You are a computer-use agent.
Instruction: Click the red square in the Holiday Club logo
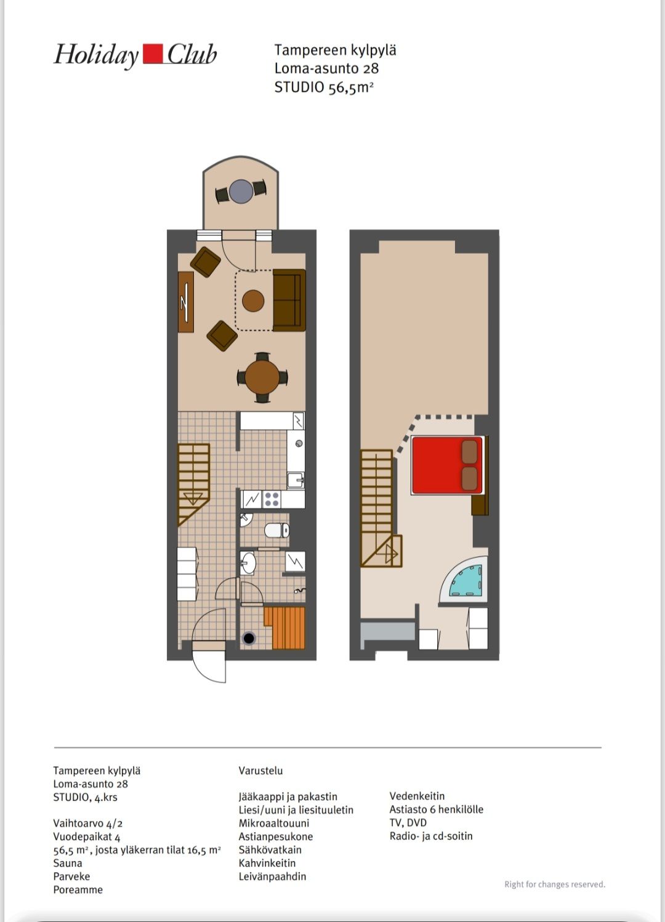153,54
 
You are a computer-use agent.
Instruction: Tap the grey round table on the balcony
241,191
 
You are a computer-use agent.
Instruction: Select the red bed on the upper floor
447,465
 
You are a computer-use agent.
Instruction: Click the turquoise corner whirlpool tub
465,581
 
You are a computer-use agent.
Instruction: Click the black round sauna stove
249,639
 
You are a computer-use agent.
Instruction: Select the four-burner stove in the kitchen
272,499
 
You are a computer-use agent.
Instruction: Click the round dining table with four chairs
262,377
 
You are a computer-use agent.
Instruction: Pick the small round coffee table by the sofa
253,301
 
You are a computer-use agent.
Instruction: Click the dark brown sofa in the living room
289,300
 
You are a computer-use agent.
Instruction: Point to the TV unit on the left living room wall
185,302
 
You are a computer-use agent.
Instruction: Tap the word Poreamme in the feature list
78,889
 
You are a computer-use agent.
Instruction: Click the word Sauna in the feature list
68,863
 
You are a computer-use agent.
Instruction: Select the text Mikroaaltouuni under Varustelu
273,823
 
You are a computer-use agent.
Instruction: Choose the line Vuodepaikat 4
86,836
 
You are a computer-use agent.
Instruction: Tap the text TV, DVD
408,822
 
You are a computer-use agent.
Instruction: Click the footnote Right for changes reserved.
555,884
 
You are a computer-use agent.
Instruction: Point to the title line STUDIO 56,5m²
324,87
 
